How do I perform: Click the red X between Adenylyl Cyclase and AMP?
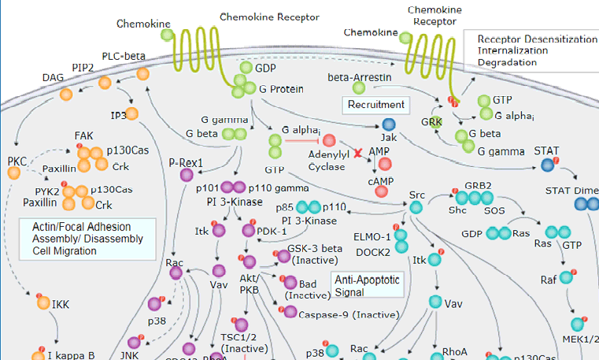coord(358,150)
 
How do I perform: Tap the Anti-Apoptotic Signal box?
coord(368,285)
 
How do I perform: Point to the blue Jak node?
coord(388,125)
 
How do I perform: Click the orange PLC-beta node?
coord(143,74)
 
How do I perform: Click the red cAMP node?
coord(384,164)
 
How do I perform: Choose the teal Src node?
coord(416,208)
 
